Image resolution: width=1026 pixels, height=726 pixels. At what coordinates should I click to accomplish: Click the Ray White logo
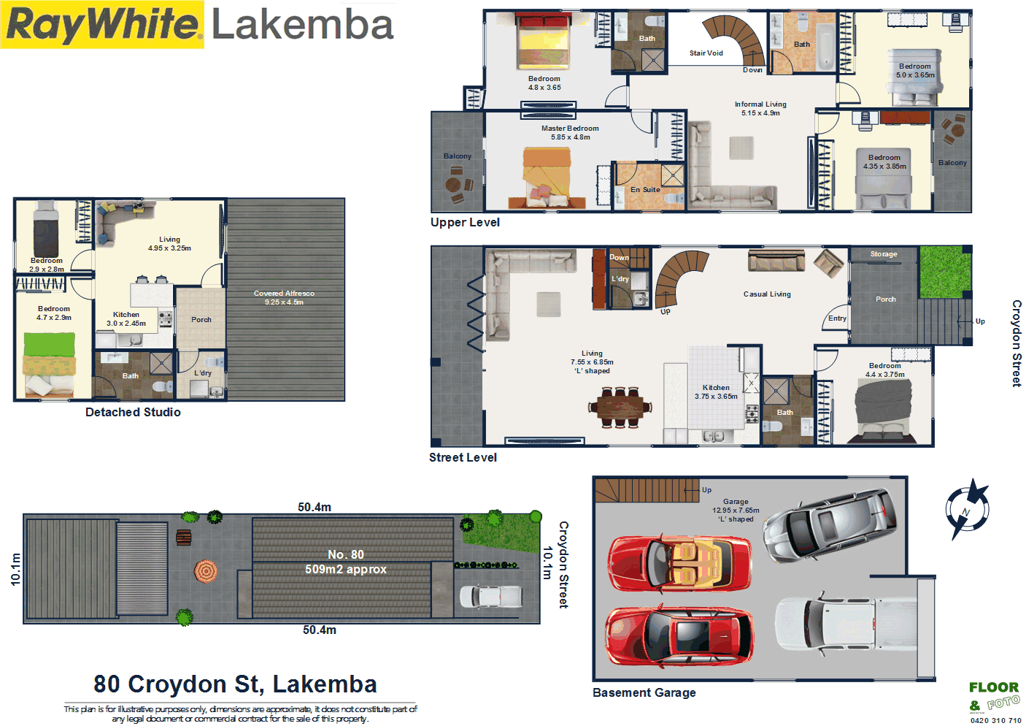(102, 25)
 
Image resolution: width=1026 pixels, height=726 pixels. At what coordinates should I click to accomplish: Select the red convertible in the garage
(679, 563)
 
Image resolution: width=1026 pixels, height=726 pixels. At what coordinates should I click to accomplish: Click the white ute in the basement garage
(839, 624)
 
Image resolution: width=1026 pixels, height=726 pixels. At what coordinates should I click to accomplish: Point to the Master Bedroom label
(570, 129)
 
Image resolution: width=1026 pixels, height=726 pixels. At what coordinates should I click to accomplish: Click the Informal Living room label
(760, 104)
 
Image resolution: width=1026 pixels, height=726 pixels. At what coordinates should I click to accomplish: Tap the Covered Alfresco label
(284, 294)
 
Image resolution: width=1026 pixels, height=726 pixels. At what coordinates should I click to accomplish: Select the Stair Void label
(706, 53)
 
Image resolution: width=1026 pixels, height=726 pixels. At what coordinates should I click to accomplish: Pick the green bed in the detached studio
(50, 364)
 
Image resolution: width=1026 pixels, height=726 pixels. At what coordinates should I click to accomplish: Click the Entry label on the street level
(837, 318)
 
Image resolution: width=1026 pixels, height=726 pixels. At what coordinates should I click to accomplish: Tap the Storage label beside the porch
(884, 254)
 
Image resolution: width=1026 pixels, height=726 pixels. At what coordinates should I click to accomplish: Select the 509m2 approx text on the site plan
(346, 570)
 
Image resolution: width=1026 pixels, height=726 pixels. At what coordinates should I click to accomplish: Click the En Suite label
(645, 190)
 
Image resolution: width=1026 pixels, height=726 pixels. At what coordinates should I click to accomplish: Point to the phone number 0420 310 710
(995, 720)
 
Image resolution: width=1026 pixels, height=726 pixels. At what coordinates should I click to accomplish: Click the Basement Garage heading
(644, 692)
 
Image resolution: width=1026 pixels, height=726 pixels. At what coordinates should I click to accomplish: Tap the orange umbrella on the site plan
(206, 570)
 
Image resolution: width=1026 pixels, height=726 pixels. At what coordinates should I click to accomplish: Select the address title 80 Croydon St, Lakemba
(235, 684)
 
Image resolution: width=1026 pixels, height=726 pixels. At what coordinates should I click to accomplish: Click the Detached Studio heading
(133, 412)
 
